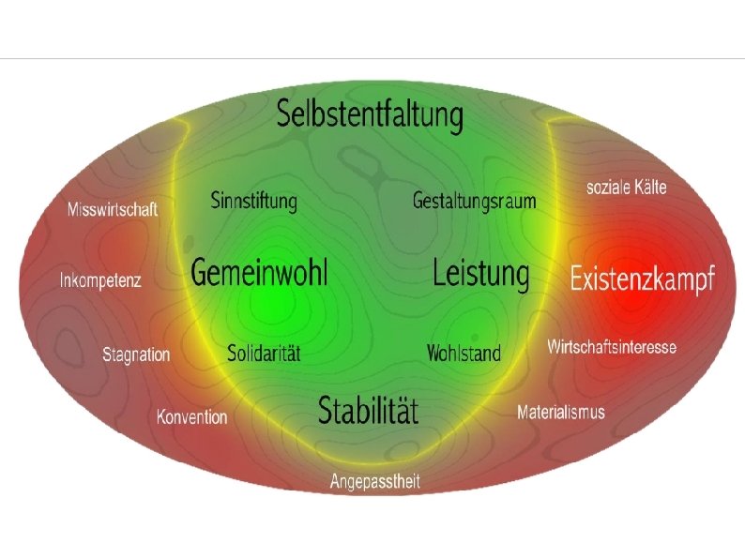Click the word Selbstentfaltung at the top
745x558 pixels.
(370, 115)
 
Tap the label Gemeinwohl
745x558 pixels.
(259, 273)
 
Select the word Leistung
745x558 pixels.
(480, 274)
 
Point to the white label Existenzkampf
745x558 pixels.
(643, 279)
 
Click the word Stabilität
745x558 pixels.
(368, 410)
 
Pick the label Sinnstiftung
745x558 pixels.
(253, 201)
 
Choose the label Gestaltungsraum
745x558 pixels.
(474, 201)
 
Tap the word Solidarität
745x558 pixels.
(264, 354)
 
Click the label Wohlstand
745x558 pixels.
(464, 354)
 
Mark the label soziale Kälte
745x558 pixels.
(626, 188)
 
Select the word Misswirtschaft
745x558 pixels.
(113, 209)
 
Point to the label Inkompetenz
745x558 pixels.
(100, 280)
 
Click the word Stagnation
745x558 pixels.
(136, 354)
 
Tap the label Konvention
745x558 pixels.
(191, 416)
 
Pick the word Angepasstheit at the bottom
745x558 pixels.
(374, 481)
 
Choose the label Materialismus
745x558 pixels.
(560, 412)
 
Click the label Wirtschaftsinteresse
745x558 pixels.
(611, 347)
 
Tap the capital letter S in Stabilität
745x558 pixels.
(326, 410)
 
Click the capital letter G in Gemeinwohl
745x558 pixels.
(201, 273)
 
